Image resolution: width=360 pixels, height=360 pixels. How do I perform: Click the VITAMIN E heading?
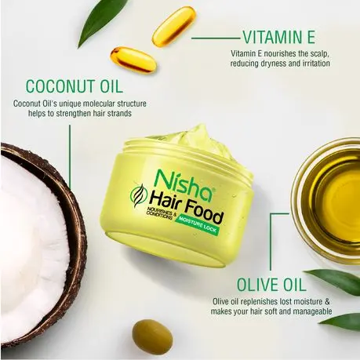point(279,37)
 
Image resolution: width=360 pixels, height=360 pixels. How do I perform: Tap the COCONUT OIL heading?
point(75,86)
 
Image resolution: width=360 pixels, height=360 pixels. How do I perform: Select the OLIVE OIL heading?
point(271,285)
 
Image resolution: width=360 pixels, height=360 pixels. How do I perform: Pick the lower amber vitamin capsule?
point(133,60)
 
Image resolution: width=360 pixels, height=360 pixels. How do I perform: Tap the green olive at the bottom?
point(152,336)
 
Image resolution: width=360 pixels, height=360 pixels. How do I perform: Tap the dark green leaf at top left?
point(100,22)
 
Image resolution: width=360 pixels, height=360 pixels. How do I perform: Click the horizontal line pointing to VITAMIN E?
point(216,38)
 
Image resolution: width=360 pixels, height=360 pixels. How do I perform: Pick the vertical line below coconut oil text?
point(70,157)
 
